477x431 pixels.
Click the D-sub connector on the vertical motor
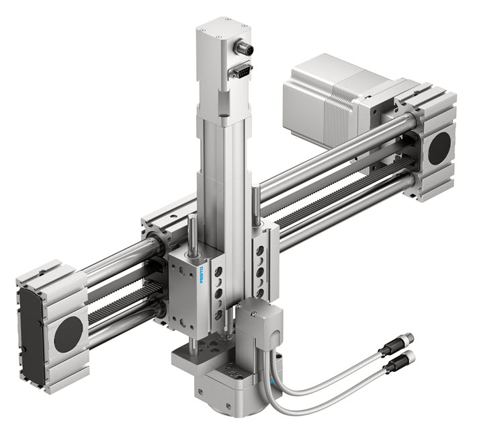[x=241, y=71]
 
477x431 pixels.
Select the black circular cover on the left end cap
[x=68, y=334]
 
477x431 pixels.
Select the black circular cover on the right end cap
[x=439, y=148]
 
